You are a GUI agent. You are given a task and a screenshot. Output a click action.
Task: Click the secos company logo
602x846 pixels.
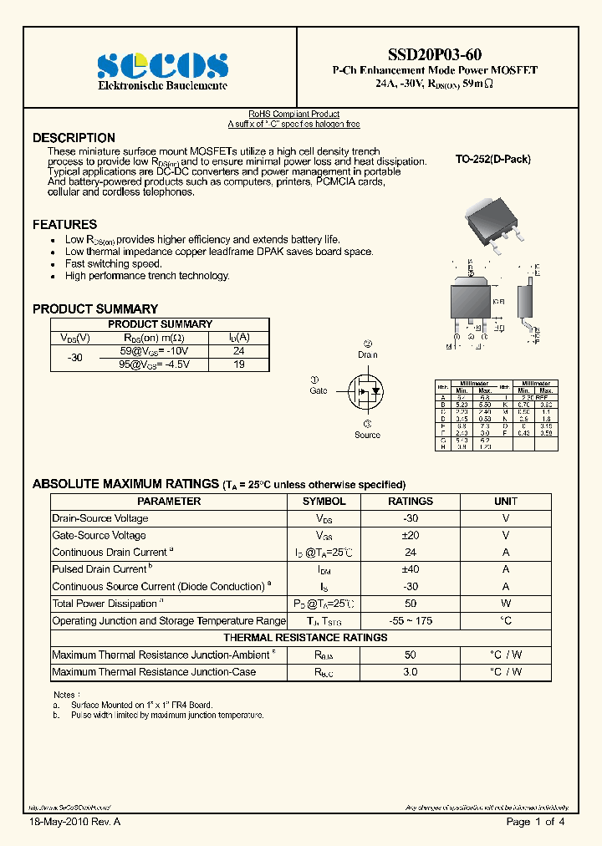[162, 65]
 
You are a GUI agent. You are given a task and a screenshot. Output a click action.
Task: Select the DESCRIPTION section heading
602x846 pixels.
[74, 138]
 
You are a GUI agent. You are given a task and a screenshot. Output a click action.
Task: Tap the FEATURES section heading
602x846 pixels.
[64, 224]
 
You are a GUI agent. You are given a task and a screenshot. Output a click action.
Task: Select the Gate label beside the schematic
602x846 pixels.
[319, 390]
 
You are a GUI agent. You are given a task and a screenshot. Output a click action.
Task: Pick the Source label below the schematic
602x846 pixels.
[367, 435]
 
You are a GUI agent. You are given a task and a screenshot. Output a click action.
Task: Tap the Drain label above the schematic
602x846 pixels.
[368, 354]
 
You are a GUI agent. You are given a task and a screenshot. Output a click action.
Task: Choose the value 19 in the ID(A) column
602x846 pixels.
[239, 364]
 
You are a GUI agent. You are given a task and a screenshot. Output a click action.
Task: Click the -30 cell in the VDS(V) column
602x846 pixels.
[75, 358]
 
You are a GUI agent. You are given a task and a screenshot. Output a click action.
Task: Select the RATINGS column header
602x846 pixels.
[411, 502]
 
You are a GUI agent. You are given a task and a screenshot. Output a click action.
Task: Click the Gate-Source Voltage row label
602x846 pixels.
[99, 535]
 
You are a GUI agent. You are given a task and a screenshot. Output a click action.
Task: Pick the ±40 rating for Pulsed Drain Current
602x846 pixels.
[411, 569]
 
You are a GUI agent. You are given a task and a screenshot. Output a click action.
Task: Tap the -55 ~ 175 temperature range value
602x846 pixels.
[411, 620]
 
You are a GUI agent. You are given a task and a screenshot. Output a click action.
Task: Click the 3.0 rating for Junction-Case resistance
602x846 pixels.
[411, 672]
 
